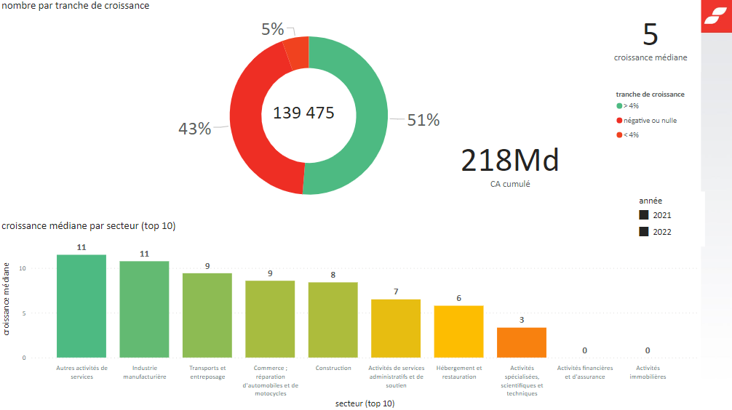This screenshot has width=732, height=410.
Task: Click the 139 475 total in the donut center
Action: [x=303, y=113]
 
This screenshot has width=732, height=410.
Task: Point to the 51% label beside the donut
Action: [x=423, y=121]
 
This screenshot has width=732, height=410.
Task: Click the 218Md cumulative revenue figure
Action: [x=510, y=161]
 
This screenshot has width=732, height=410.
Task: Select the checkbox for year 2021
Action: [x=644, y=215]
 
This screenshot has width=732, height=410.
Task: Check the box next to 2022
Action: [x=644, y=232]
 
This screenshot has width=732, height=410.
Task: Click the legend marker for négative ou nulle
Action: [x=619, y=121]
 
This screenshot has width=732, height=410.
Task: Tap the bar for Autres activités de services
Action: [x=81, y=306]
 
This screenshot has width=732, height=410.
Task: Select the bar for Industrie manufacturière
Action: [x=144, y=309]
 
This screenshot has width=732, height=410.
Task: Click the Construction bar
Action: [x=333, y=320]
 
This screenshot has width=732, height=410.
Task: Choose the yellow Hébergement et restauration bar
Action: [x=458, y=331]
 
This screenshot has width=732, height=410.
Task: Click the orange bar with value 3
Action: [x=521, y=342]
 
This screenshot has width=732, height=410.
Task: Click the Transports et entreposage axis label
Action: [x=207, y=372]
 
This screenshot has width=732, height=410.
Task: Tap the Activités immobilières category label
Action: [x=647, y=372]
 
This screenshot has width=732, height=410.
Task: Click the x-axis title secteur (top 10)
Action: [x=365, y=403]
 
